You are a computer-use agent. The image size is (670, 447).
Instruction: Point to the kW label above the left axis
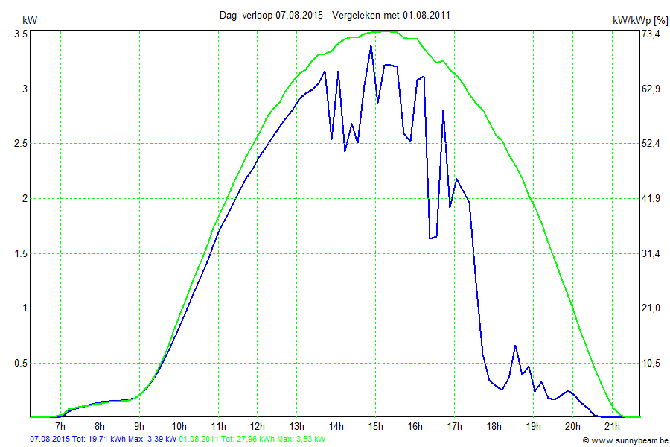[29, 21]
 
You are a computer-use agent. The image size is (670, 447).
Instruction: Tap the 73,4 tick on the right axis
[651, 34]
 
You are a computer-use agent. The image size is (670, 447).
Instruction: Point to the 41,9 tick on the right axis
[651, 198]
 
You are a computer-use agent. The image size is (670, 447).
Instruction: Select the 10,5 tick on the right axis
[651, 363]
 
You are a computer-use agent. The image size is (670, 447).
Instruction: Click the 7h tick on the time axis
[61, 426]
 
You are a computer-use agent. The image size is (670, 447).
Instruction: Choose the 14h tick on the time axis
[336, 426]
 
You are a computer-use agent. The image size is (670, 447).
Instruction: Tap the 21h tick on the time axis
[612, 426]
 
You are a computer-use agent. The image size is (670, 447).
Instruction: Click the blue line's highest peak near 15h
[371, 47]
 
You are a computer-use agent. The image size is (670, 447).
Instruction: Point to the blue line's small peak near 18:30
[515, 346]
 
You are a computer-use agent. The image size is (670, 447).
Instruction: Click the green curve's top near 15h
[384, 31]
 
